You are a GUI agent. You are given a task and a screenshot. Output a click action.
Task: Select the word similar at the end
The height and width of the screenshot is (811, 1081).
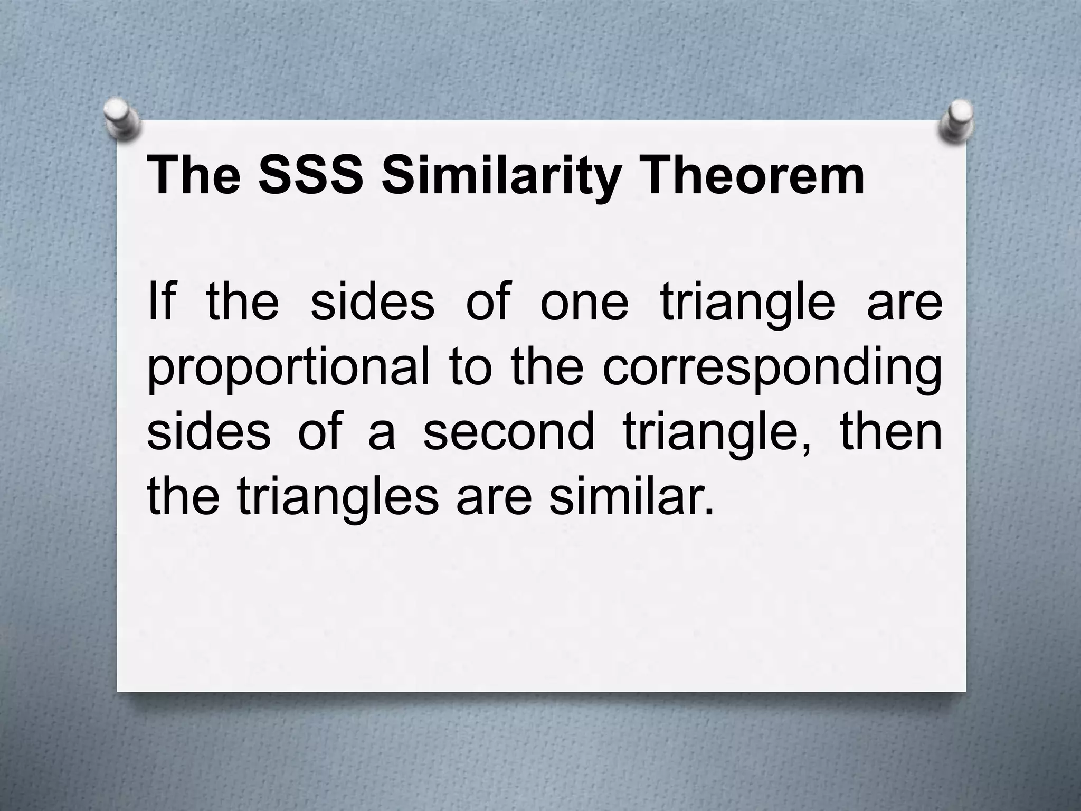click(631, 497)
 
